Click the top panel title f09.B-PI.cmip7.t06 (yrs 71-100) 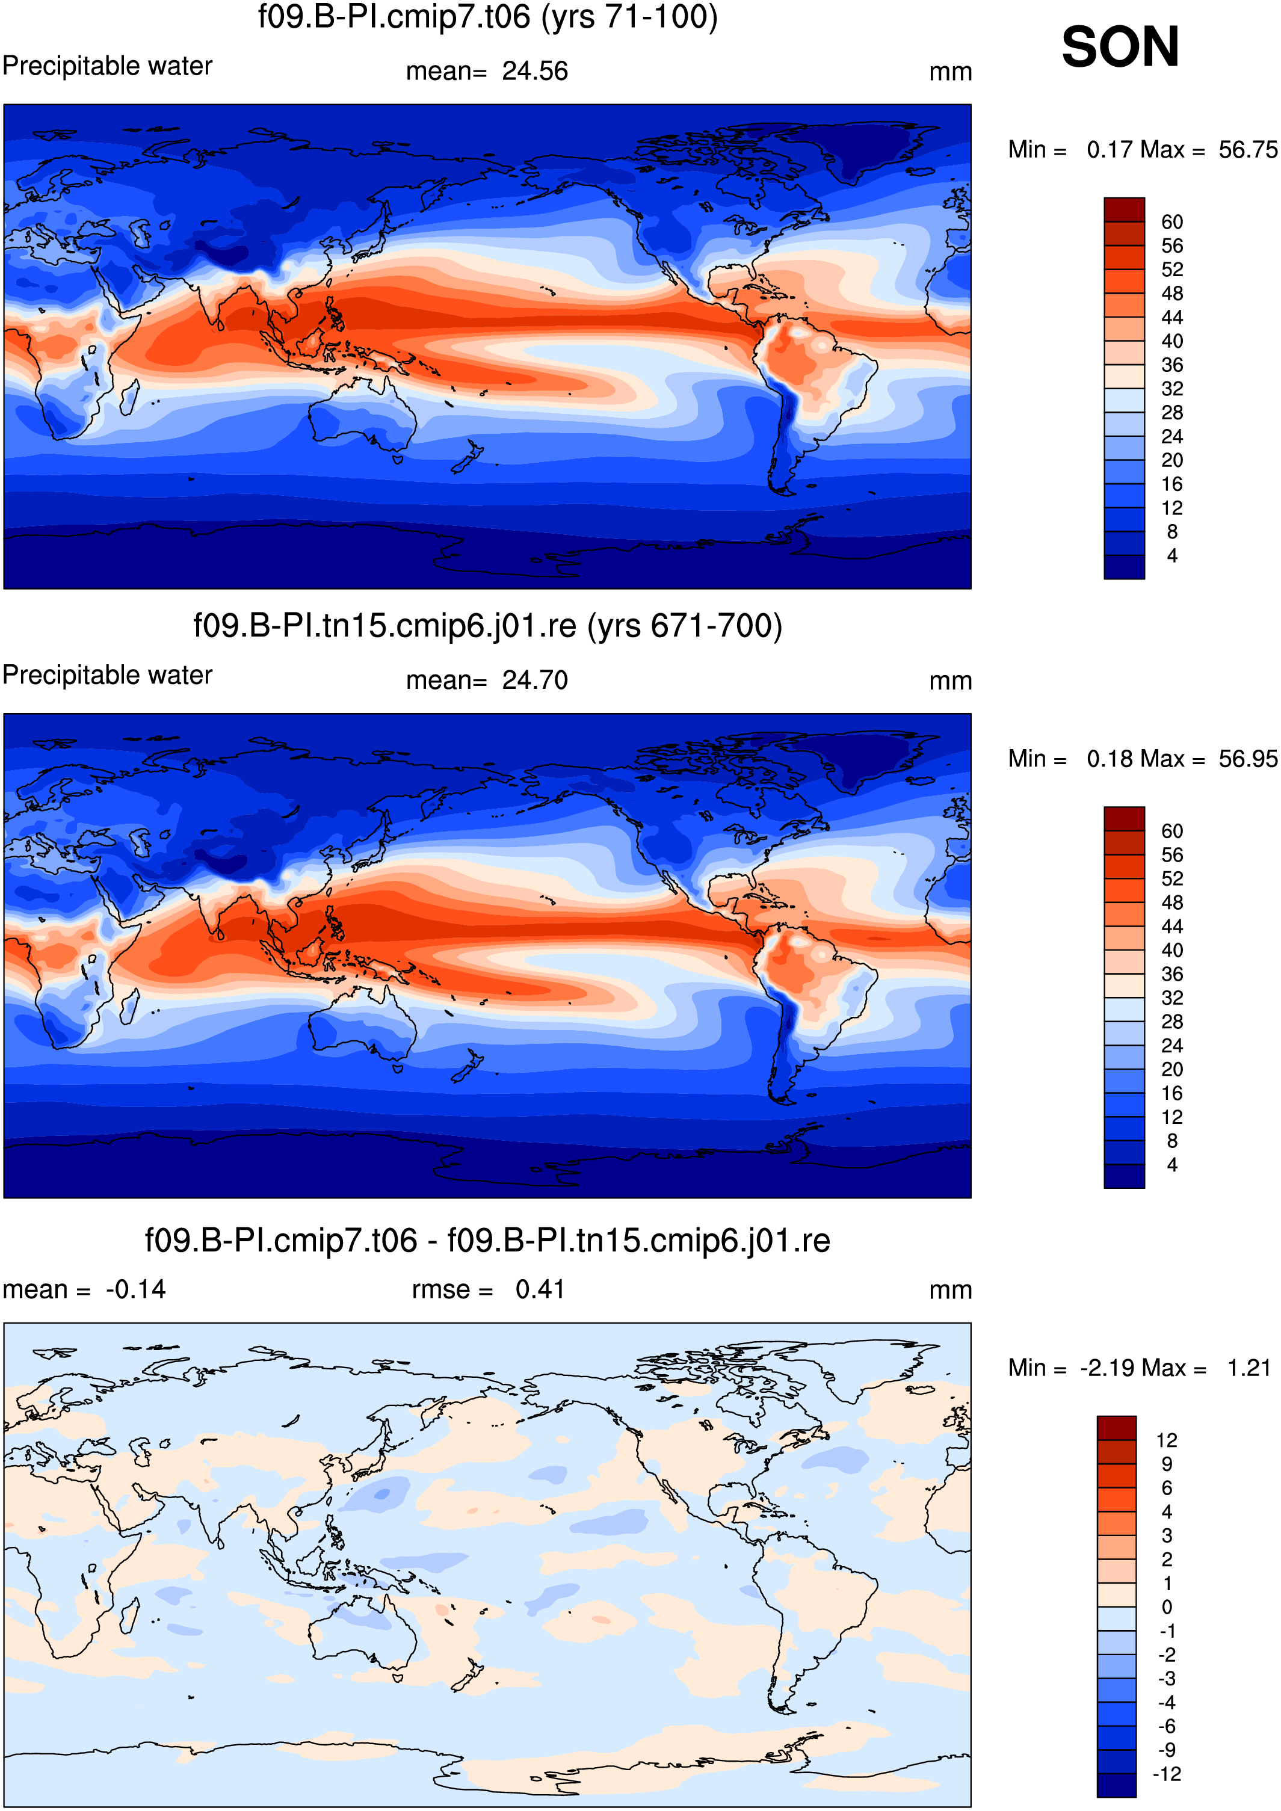tap(487, 17)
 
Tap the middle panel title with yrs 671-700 tap(487, 626)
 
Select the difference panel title tap(487, 1241)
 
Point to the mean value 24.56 tap(535, 71)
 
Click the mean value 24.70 tap(535, 680)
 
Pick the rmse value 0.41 tap(540, 1289)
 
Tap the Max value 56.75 tap(1248, 149)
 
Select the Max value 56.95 tap(1248, 759)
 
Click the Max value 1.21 tap(1249, 1368)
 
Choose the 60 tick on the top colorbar tap(1172, 221)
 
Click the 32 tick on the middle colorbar tap(1172, 998)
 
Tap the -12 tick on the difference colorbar tap(1167, 1774)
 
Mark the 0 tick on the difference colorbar tap(1167, 1606)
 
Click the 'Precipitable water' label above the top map tap(107, 66)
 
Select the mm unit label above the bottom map tap(951, 1291)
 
